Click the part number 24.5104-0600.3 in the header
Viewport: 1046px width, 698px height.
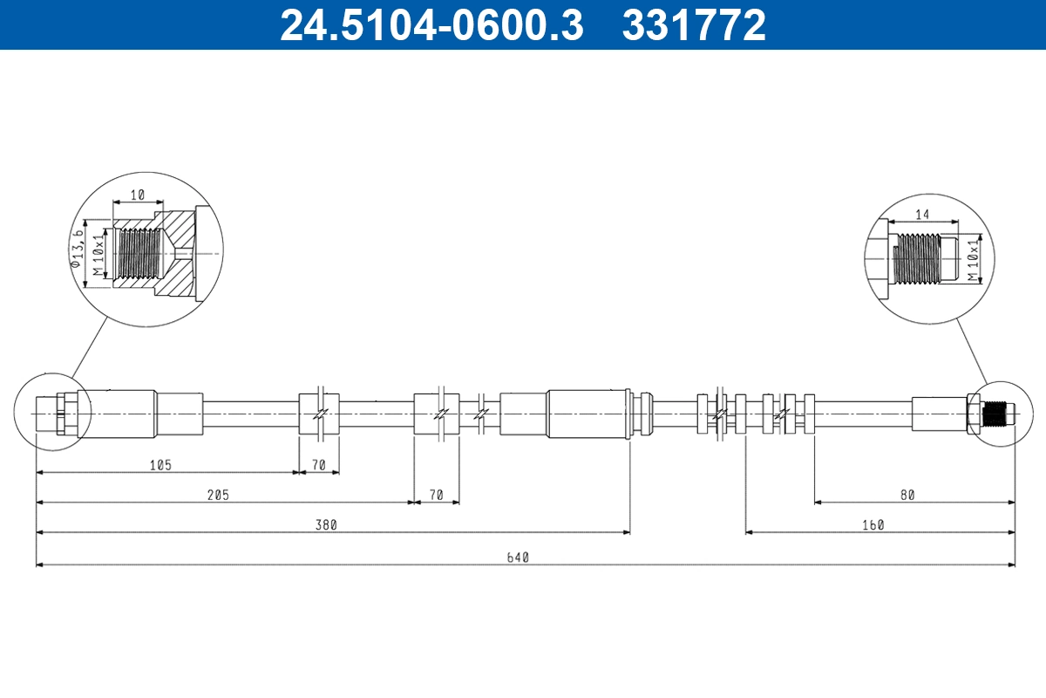point(431,25)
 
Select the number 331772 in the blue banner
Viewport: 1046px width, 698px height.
point(694,25)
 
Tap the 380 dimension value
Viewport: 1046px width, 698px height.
point(327,525)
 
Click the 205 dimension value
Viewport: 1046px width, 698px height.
point(217,495)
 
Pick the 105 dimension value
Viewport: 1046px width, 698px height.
point(160,465)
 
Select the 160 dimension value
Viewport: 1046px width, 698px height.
point(873,525)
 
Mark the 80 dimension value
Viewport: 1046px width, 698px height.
point(907,495)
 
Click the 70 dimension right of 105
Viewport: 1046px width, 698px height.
point(319,465)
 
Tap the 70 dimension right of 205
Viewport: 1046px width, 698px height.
point(437,495)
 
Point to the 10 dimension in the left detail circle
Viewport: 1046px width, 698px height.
point(138,195)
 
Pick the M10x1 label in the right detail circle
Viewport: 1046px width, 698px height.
point(973,260)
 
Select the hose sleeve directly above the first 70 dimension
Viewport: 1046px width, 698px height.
point(319,413)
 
